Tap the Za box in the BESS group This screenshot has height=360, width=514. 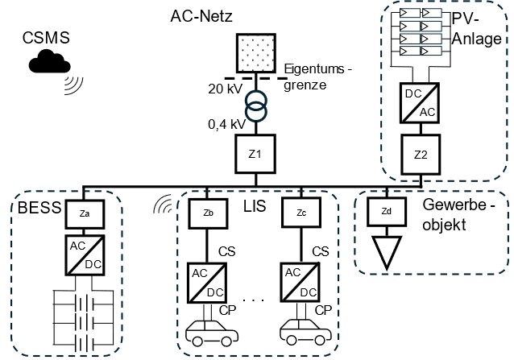pyautogui.click(x=84, y=214)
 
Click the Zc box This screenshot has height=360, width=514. pyautogui.click(x=298, y=214)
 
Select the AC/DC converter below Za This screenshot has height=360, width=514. pyautogui.click(x=84, y=257)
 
